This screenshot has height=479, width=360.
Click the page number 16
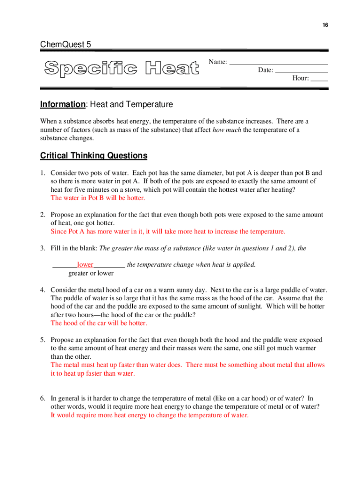(324, 25)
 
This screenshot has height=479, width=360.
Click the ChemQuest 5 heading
(65, 45)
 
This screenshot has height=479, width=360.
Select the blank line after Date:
(301, 70)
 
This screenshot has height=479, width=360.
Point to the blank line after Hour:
(319, 79)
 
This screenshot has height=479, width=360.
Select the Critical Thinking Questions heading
(94, 156)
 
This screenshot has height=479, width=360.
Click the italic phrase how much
(227, 130)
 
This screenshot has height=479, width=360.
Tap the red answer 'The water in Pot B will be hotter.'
(98, 198)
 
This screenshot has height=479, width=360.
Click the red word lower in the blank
(85, 265)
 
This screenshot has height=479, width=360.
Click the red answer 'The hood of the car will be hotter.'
(99, 323)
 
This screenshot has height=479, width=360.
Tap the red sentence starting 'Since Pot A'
(167, 232)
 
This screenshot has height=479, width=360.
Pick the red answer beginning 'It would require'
(150, 415)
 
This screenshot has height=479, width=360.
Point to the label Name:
(218, 62)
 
